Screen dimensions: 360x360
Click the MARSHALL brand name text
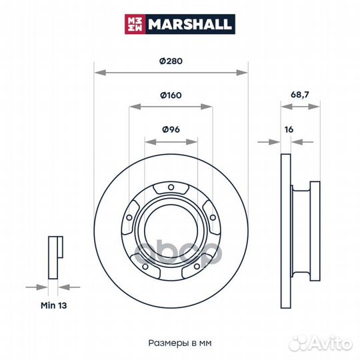point(189,24)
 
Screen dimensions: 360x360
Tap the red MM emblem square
point(135,24)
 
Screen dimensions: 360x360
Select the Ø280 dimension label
point(171,61)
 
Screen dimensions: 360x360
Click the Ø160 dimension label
point(171,95)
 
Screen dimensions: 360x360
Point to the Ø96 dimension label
point(171,129)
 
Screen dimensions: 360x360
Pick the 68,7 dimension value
point(300,95)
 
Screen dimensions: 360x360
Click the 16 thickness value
point(289,130)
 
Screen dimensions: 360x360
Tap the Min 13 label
point(54,305)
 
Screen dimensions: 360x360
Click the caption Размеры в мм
point(180,343)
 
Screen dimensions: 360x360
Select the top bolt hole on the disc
point(171,187)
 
